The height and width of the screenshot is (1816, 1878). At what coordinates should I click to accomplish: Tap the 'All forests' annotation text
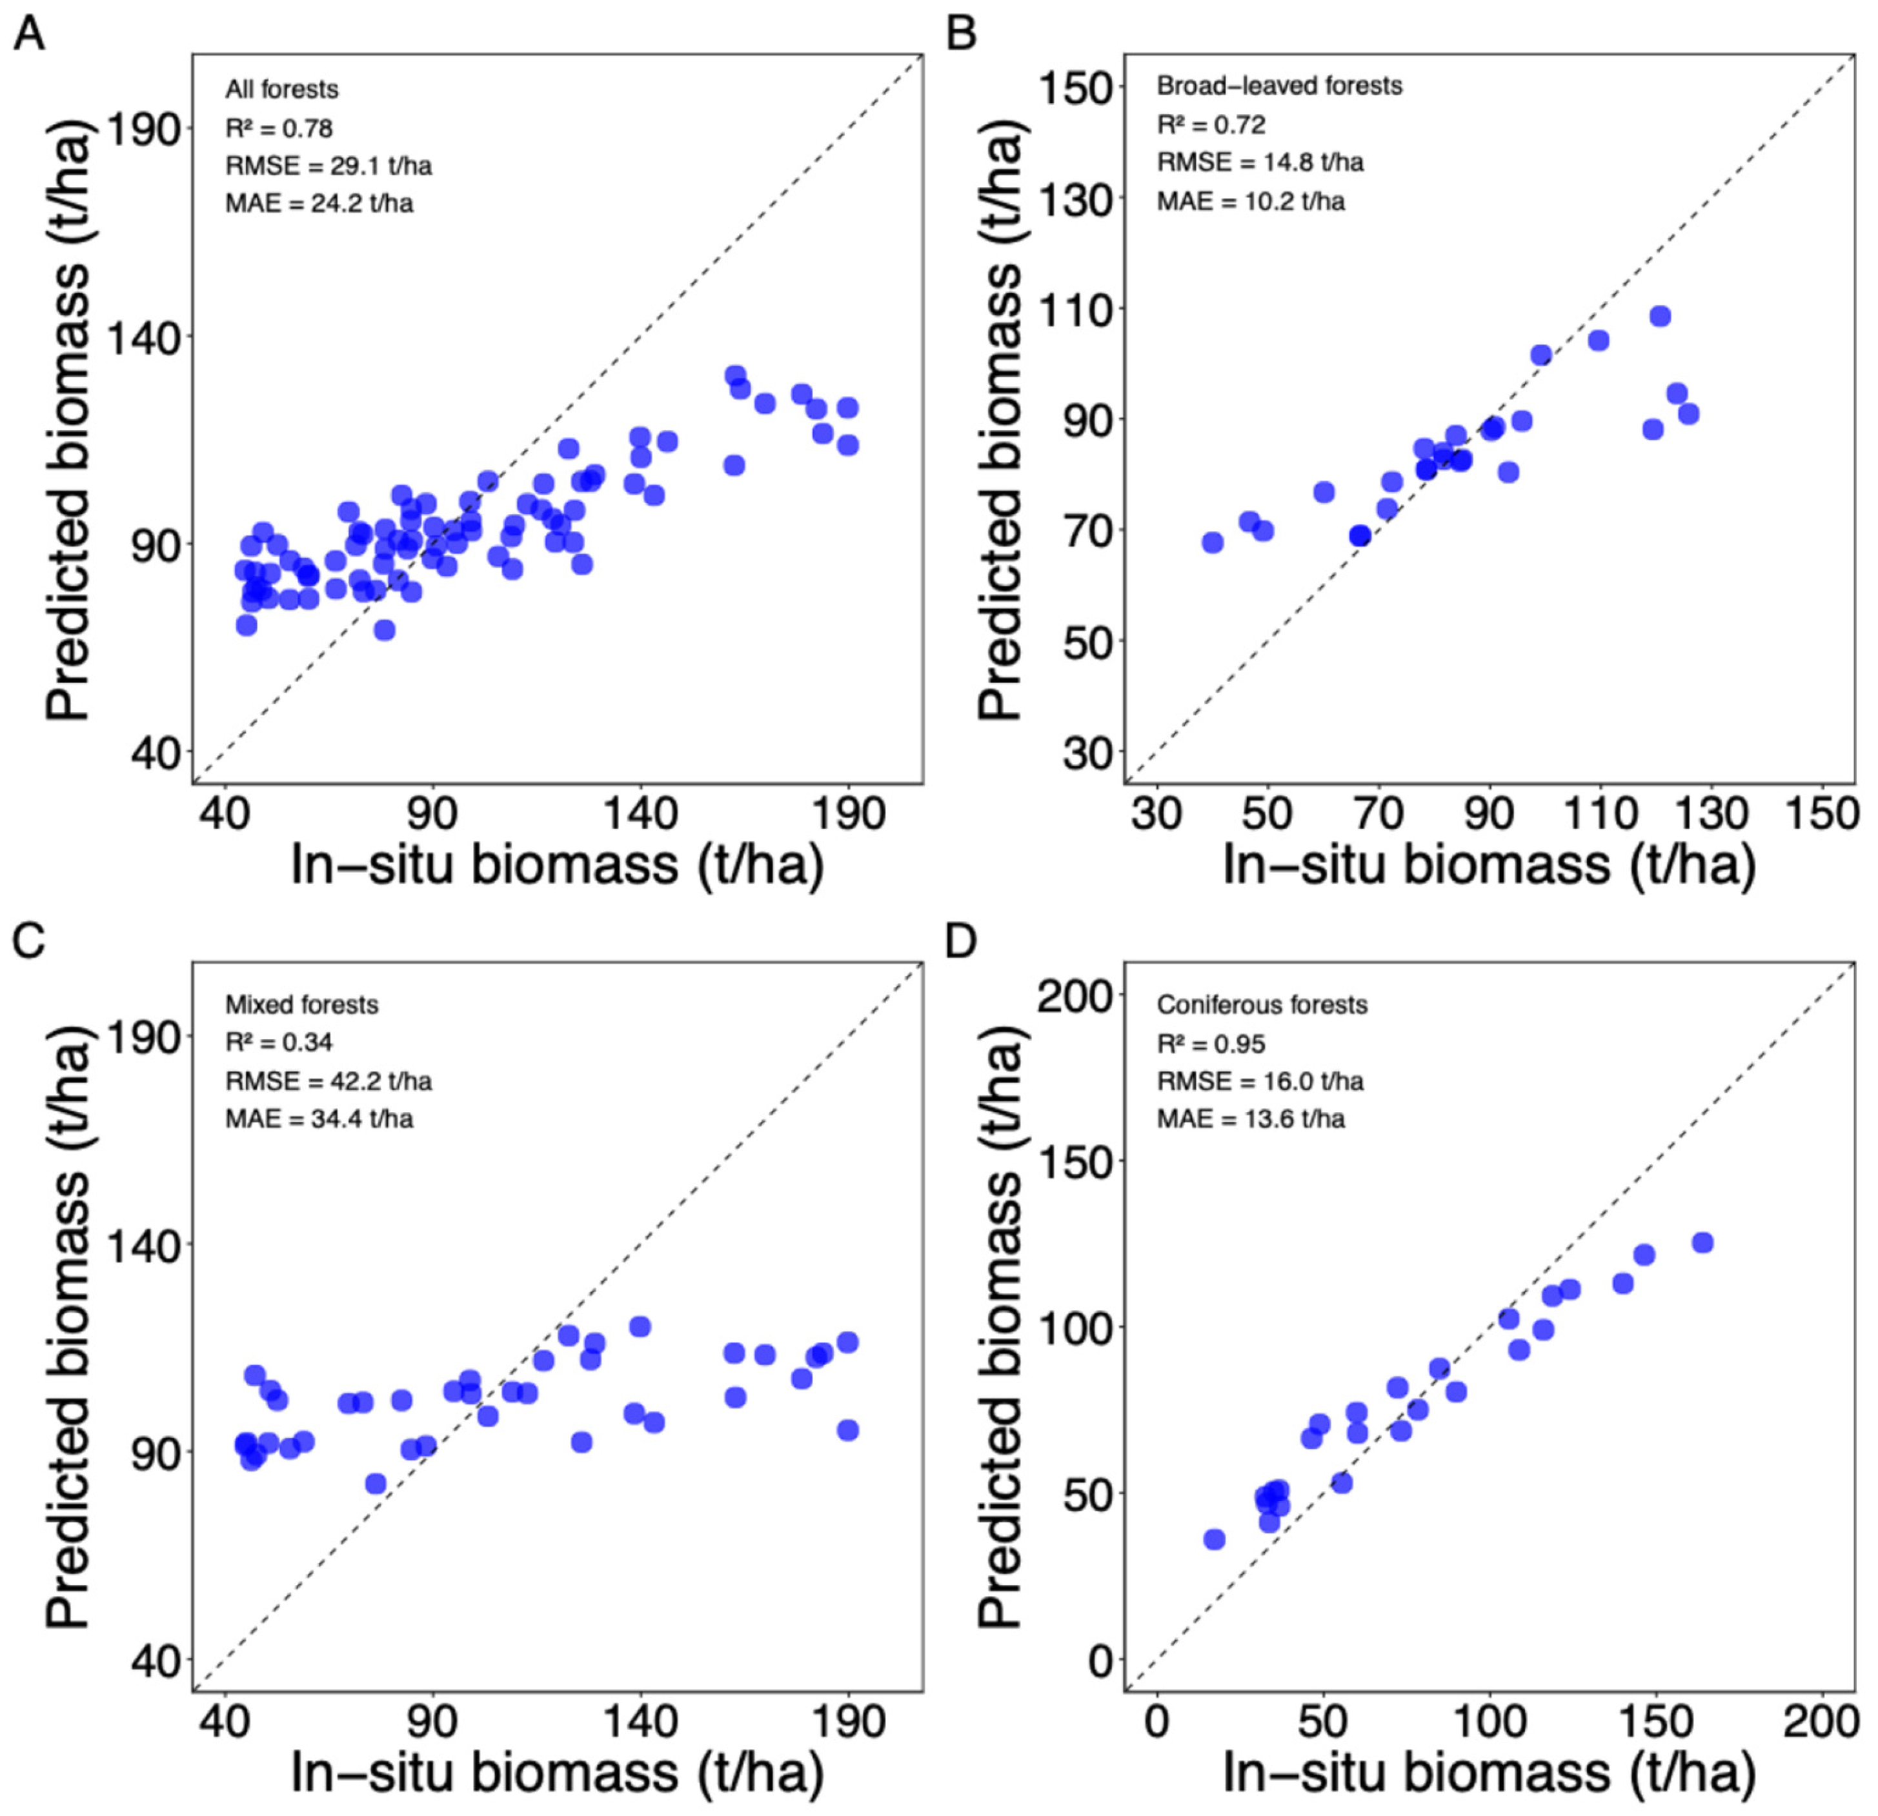pos(281,89)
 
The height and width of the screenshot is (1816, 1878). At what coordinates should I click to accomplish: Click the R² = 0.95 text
pos(1211,1043)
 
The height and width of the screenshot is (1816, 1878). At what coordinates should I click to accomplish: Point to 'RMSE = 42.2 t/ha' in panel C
pos(328,1081)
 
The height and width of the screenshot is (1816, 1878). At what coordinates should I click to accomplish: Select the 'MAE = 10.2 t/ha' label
pos(1251,201)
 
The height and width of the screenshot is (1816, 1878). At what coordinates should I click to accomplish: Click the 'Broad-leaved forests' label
pos(1279,86)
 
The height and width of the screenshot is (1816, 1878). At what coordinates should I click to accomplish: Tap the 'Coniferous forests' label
pos(1262,1004)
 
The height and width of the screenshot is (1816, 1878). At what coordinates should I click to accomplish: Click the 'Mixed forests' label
pos(302,1004)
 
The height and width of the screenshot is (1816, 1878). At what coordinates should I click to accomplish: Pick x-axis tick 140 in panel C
pos(640,1721)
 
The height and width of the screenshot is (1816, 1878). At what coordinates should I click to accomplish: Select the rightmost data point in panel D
pos(1702,1242)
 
